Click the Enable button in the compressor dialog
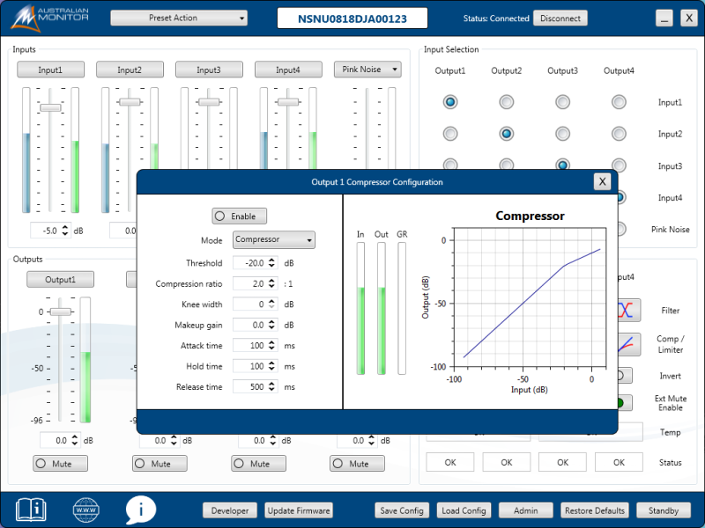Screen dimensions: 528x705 [x=239, y=216]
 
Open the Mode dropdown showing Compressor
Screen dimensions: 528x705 [x=274, y=239]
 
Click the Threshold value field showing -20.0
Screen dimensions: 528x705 [x=250, y=263]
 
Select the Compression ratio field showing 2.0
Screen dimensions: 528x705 [x=250, y=283]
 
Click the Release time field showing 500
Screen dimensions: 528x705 [x=250, y=386]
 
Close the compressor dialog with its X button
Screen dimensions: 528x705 [x=602, y=181]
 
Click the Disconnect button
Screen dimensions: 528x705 [x=560, y=18]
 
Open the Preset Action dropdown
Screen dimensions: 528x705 [x=179, y=18]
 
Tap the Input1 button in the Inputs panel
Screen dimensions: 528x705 [x=50, y=70]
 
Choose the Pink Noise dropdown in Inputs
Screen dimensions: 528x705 [x=367, y=70]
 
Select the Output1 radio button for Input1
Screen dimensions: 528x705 [x=450, y=102]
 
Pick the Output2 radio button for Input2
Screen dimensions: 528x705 [x=507, y=134]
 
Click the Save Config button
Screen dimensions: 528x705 [x=401, y=510]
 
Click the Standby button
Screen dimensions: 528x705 [x=664, y=510]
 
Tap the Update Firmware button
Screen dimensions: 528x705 [x=299, y=510]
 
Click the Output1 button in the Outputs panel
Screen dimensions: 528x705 [x=60, y=279]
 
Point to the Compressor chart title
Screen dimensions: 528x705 [x=530, y=216]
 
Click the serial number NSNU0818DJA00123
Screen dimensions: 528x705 [x=352, y=18]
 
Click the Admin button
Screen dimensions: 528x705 [x=526, y=510]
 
